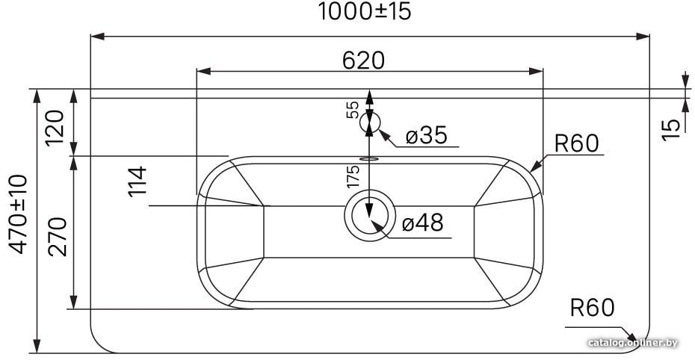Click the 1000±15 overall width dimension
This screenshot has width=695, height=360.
(365, 11)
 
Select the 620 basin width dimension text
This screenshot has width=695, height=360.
(363, 60)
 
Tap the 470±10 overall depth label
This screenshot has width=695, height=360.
(19, 214)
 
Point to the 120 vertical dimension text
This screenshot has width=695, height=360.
(56, 128)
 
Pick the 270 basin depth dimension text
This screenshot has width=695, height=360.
(58, 237)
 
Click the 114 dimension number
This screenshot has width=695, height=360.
(137, 181)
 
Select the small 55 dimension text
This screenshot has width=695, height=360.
(353, 110)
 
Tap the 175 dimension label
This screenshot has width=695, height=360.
(353, 176)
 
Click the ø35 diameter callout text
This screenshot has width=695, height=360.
(427, 135)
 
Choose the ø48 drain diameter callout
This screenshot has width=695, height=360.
(422, 223)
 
